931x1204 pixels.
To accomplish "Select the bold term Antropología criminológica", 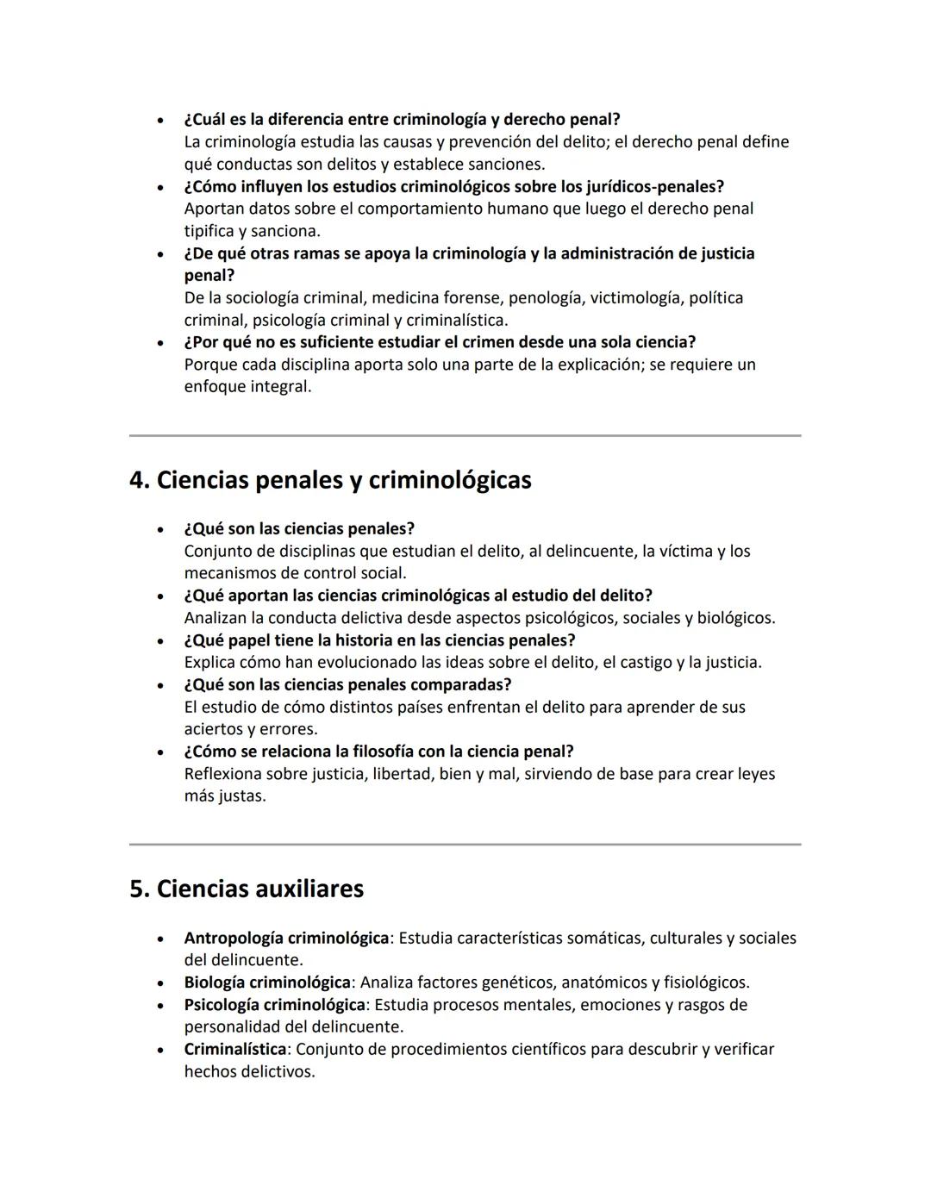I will tap(286, 938).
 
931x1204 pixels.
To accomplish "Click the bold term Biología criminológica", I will tap(267, 983).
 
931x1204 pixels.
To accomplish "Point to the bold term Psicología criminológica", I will tap(274, 1005).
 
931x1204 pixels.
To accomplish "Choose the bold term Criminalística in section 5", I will tap(234, 1050).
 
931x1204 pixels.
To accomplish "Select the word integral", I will tap(280, 387).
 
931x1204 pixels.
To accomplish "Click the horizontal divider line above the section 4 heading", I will tap(465, 436).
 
